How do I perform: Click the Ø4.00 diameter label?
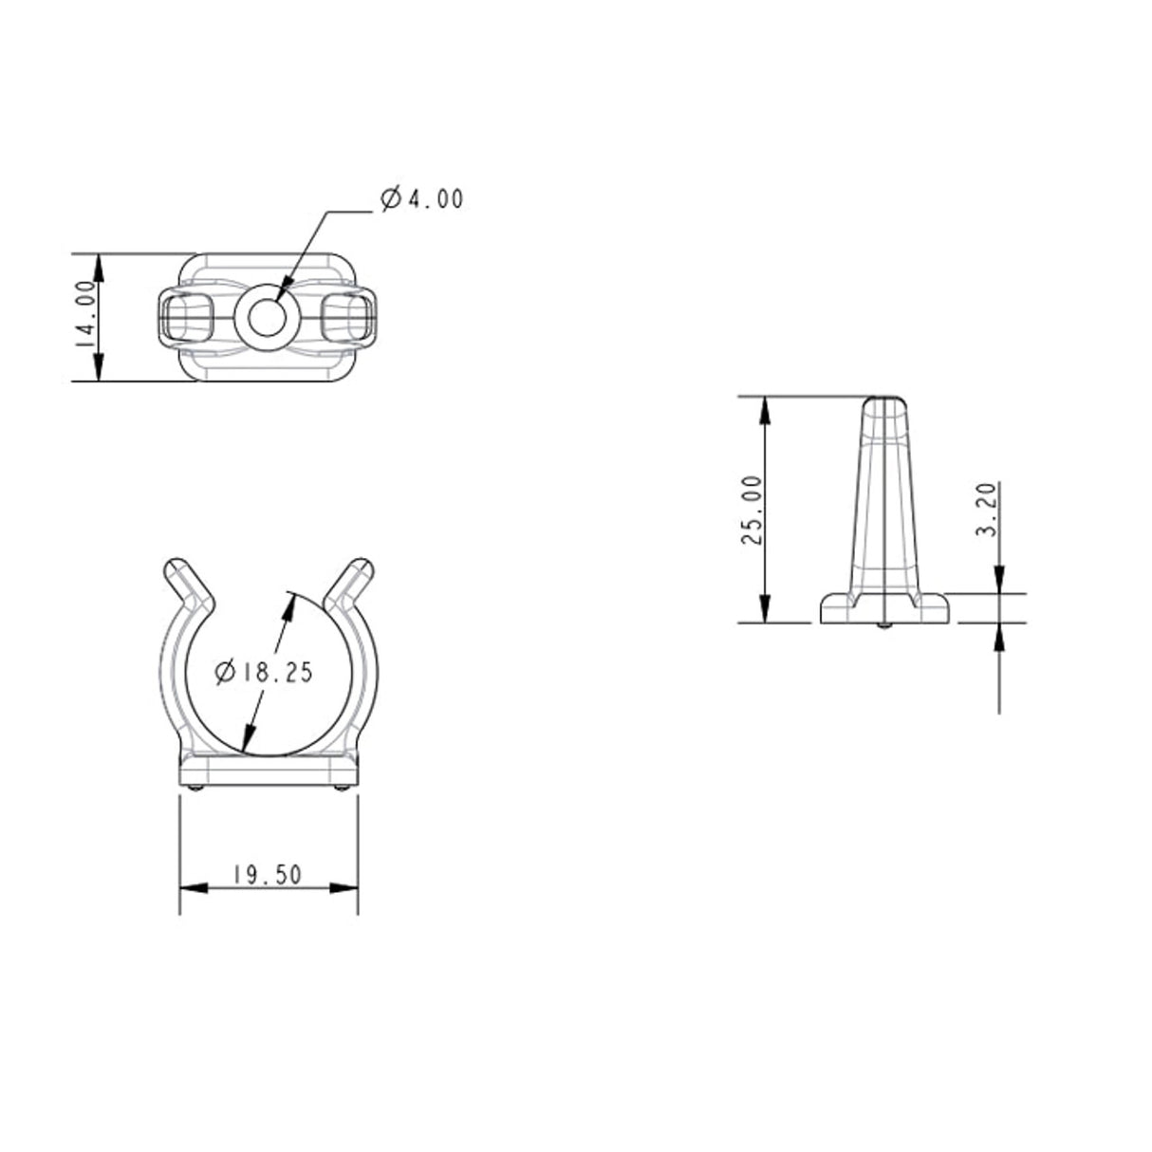421,199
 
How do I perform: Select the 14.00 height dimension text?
86,317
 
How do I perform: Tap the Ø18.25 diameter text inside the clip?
264,673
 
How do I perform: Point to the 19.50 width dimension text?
268,875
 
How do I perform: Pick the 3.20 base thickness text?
987,511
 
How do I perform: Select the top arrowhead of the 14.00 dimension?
100,265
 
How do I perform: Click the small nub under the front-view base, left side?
195,789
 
